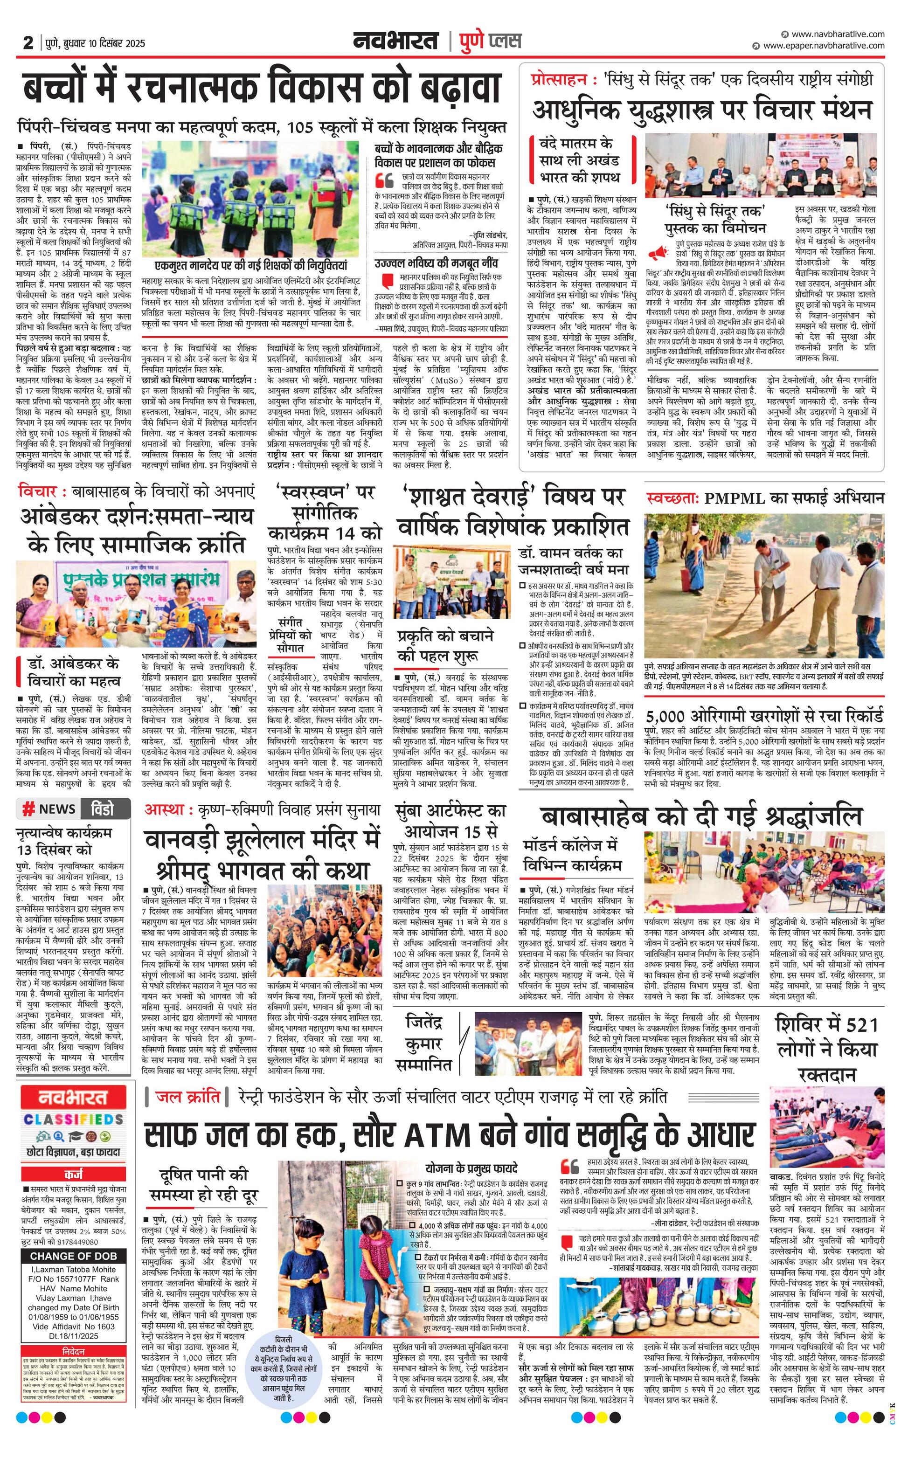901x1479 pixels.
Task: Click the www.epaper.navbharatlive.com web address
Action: click(823, 46)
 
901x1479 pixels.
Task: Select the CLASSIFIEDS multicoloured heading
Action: click(74, 1120)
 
